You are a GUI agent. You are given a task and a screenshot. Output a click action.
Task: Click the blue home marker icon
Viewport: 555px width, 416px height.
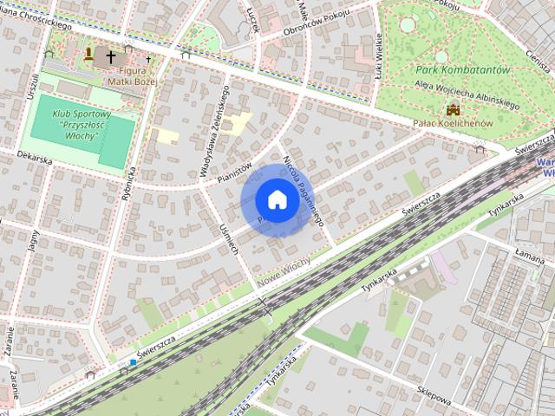click(276, 200)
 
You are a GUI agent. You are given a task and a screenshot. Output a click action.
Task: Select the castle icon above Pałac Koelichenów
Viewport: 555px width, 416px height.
click(452, 109)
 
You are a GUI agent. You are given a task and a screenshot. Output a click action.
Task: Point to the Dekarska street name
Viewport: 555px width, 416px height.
click(35, 159)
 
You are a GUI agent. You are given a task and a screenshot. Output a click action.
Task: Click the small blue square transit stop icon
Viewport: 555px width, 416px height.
click(133, 363)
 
